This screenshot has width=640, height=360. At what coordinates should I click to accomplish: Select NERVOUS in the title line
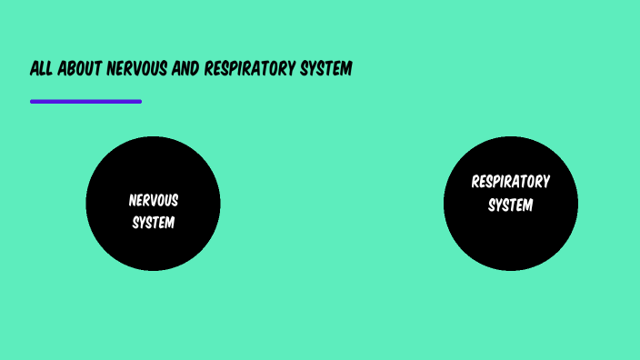[137, 69]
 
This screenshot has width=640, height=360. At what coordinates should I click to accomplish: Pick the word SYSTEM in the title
[325, 69]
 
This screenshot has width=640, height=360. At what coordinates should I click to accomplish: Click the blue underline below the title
[85, 102]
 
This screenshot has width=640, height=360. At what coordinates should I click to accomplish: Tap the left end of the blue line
[33, 102]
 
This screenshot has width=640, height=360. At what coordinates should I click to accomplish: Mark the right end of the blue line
[139, 102]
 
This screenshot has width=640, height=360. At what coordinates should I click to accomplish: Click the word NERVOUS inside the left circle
[153, 200]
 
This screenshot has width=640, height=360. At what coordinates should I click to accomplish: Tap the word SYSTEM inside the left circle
[153, 222]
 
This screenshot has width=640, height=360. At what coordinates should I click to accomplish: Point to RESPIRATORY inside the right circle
[510, 181]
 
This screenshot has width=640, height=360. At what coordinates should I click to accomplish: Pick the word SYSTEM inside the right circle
[510, 205]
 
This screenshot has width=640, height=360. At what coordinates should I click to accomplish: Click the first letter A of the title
[35, 69]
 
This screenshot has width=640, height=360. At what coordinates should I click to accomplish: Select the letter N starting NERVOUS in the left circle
[132, 200]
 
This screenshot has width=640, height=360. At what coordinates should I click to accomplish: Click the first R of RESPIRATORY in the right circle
[475, 181]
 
